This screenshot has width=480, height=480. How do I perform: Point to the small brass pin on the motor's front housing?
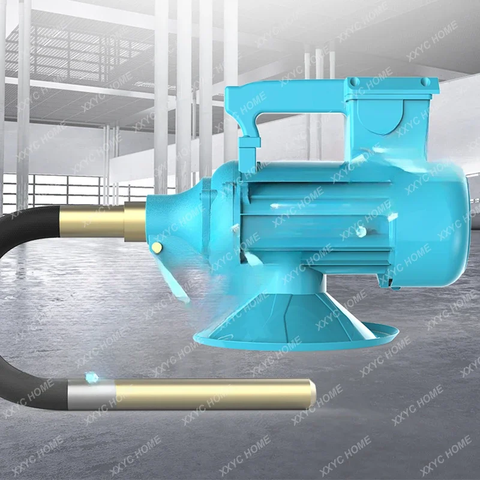(157, 247)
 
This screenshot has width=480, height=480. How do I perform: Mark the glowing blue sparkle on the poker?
(92, 377)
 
